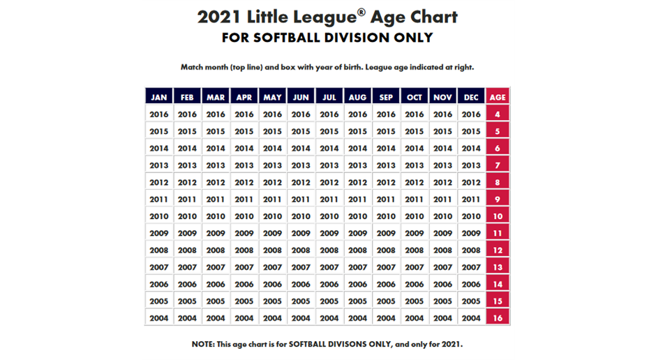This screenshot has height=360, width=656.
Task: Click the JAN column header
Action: click(159, 97)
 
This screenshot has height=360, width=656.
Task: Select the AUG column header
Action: click(357, 97)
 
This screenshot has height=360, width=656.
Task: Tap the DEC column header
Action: click(471, 97)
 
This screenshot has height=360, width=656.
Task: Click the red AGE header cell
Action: click(498, 97)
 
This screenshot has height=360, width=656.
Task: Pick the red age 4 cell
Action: click(498, 114)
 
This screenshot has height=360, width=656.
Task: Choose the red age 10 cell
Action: click(498, 216)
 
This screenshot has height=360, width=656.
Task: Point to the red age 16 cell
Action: click(498, 318)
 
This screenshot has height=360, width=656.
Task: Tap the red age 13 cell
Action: click(498, 267)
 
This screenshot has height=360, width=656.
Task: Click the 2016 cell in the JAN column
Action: click(159, 114)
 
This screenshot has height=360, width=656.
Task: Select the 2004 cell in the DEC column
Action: click(471, 318)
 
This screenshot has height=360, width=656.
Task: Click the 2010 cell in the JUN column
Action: click(301, 216)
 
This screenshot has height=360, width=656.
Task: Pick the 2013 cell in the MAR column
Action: click(216, 165)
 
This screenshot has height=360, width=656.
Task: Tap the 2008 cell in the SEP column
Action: click(386, 250)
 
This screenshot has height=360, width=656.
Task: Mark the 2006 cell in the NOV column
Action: click(442, 284)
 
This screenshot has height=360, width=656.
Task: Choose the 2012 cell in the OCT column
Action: click(415, 182)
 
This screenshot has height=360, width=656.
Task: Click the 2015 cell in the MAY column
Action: click(272, 131)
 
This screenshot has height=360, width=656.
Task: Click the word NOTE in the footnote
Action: click(207, 345)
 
